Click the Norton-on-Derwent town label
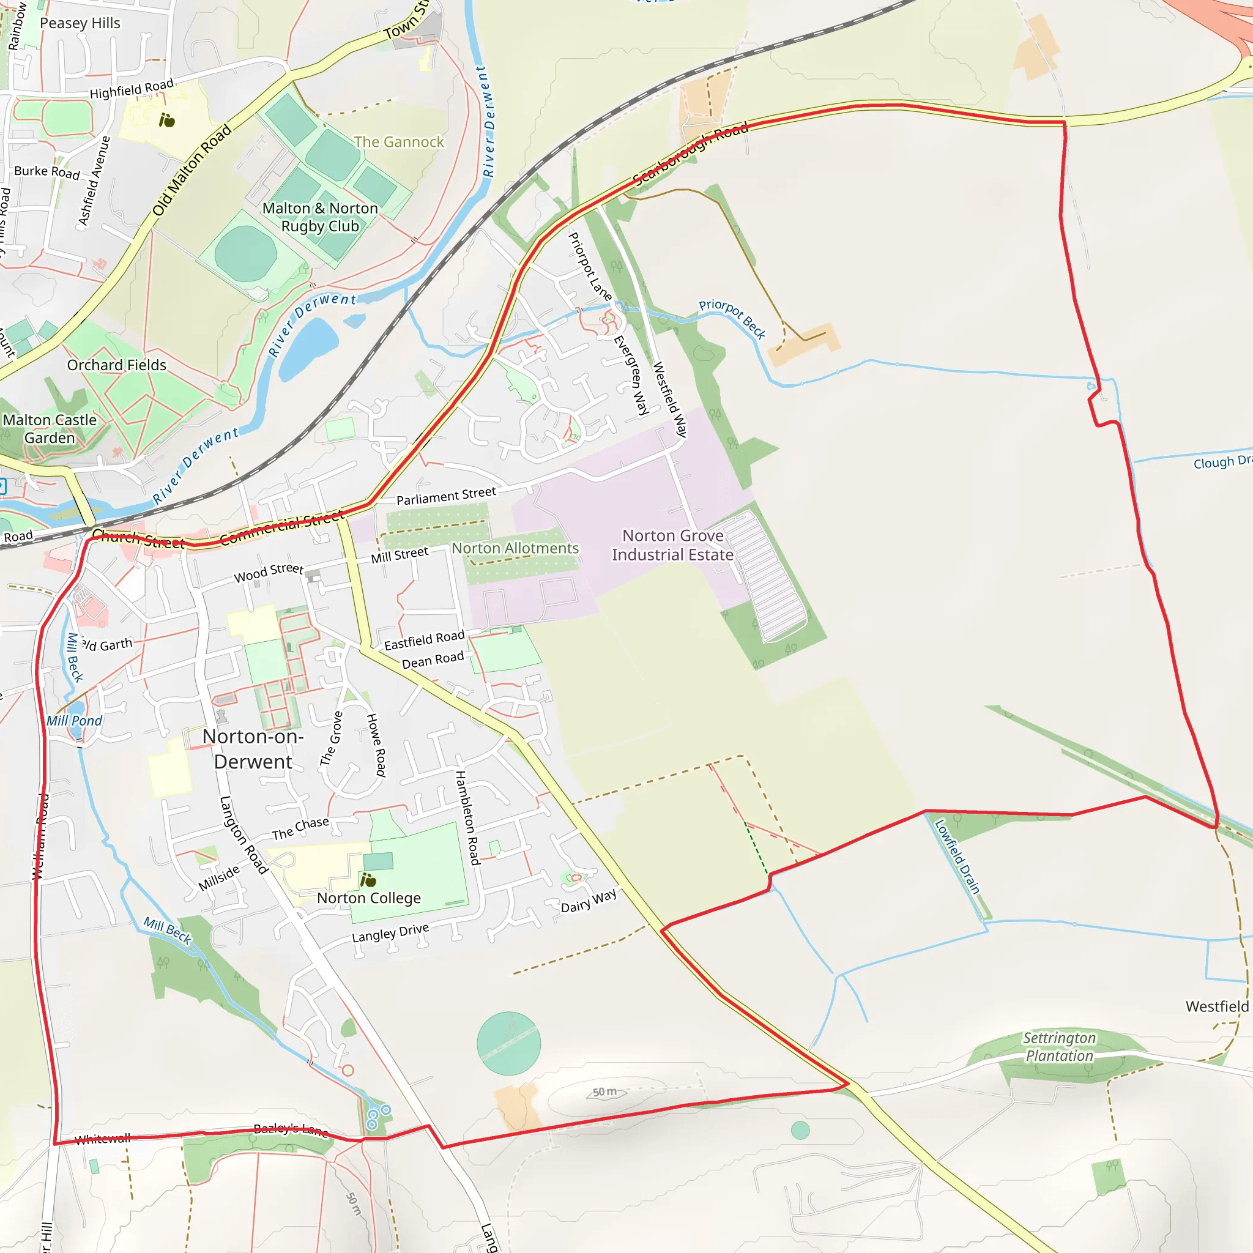coord(253,749)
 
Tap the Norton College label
coord(368,898)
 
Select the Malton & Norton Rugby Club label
coord(320,217)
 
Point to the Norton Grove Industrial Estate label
coord(672,545)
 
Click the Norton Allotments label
coord(515,549)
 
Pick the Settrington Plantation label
coord(1059,1047)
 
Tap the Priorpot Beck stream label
coord(732,318)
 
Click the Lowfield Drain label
coord(957,856)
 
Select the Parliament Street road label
coord(445,496)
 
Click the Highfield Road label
coord(132,89)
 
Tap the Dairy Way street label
coord(588,901)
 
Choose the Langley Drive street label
coord(390,932)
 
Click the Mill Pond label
coord(74,721)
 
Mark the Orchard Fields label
coord(117,365)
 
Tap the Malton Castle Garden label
coord(50,429)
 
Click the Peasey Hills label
coord(80,23)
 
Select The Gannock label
coord(399,142)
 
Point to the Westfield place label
coord(1217,1006)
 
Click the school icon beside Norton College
coord(368,880)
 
